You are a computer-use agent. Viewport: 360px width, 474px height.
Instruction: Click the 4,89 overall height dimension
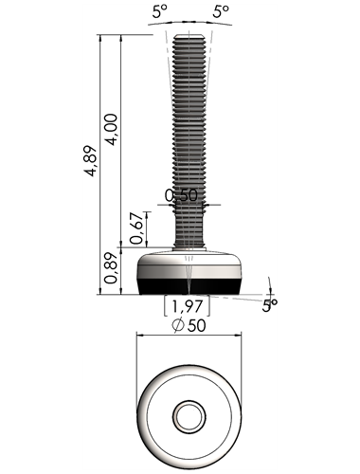click(x=91, y=160)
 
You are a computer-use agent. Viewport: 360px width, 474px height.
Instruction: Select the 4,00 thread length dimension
click(x=112, y=129)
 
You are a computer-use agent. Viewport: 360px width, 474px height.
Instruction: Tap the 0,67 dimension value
click(x=136, y=228)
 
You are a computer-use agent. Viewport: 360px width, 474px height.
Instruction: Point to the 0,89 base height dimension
click(x=111, y=268)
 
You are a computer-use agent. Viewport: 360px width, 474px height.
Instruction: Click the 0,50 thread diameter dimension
click(x=181, y=195)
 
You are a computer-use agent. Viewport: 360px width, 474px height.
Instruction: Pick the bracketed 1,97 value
click(x=187, y=306)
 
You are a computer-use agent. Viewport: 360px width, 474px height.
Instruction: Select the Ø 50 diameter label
click(x=189, y=325)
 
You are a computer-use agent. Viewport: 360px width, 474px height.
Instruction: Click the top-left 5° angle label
click(x=160, y=11)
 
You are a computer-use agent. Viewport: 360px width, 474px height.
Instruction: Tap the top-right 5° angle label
click(x=221, y=11)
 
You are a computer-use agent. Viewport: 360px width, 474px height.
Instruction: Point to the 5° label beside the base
click(x=270, y=305)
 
